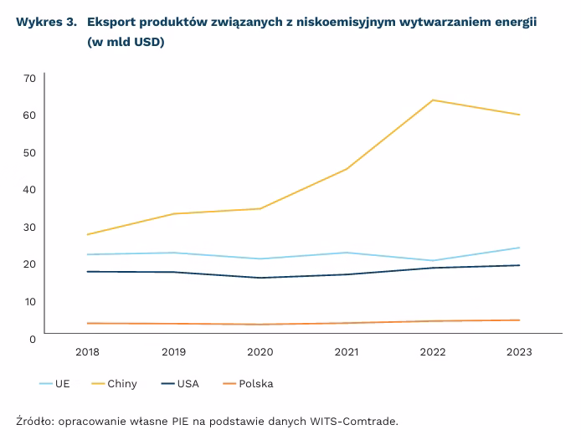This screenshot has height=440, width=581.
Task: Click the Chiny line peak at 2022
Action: pos(433,100)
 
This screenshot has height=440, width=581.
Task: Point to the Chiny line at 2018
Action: pos(87,234)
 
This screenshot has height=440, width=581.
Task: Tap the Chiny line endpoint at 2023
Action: pos(520,115)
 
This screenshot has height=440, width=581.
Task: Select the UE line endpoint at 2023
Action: pos(520,248)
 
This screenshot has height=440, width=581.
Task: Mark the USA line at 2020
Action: pos(260,278)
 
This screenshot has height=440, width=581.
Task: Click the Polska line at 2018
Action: pos(87,323)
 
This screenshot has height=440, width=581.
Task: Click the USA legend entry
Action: pos(180,384)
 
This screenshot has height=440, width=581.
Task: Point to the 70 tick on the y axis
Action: pos(29,78)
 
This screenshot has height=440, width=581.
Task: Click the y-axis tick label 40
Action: pos(29,189)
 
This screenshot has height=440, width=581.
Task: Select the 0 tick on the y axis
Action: pos(32,338)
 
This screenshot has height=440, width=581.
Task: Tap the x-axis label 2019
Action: pos(173,352)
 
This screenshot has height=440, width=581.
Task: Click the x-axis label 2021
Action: pos(347,352)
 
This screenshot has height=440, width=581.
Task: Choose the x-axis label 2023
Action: pos(520,352)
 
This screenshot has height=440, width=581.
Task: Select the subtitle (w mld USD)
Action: pos(126,42)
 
